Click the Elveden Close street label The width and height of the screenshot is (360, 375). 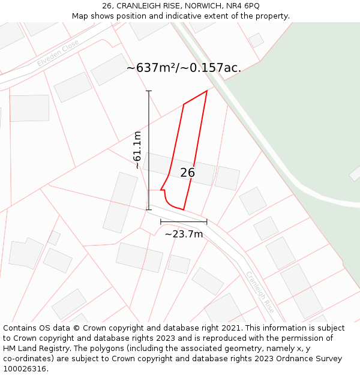(x=58, y=53)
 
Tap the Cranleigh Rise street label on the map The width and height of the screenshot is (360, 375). (x=260, y=292)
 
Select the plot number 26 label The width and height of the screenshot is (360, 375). (x=187, y=173)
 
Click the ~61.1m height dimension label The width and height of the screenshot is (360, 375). (x=137, y=150)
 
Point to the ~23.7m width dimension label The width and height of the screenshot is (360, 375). (x=184, y=234)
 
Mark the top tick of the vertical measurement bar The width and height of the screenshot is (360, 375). (x=149, y=91)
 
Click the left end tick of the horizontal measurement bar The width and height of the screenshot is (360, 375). (x=161, y=222)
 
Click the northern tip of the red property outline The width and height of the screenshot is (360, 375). (x=207, y=91)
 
